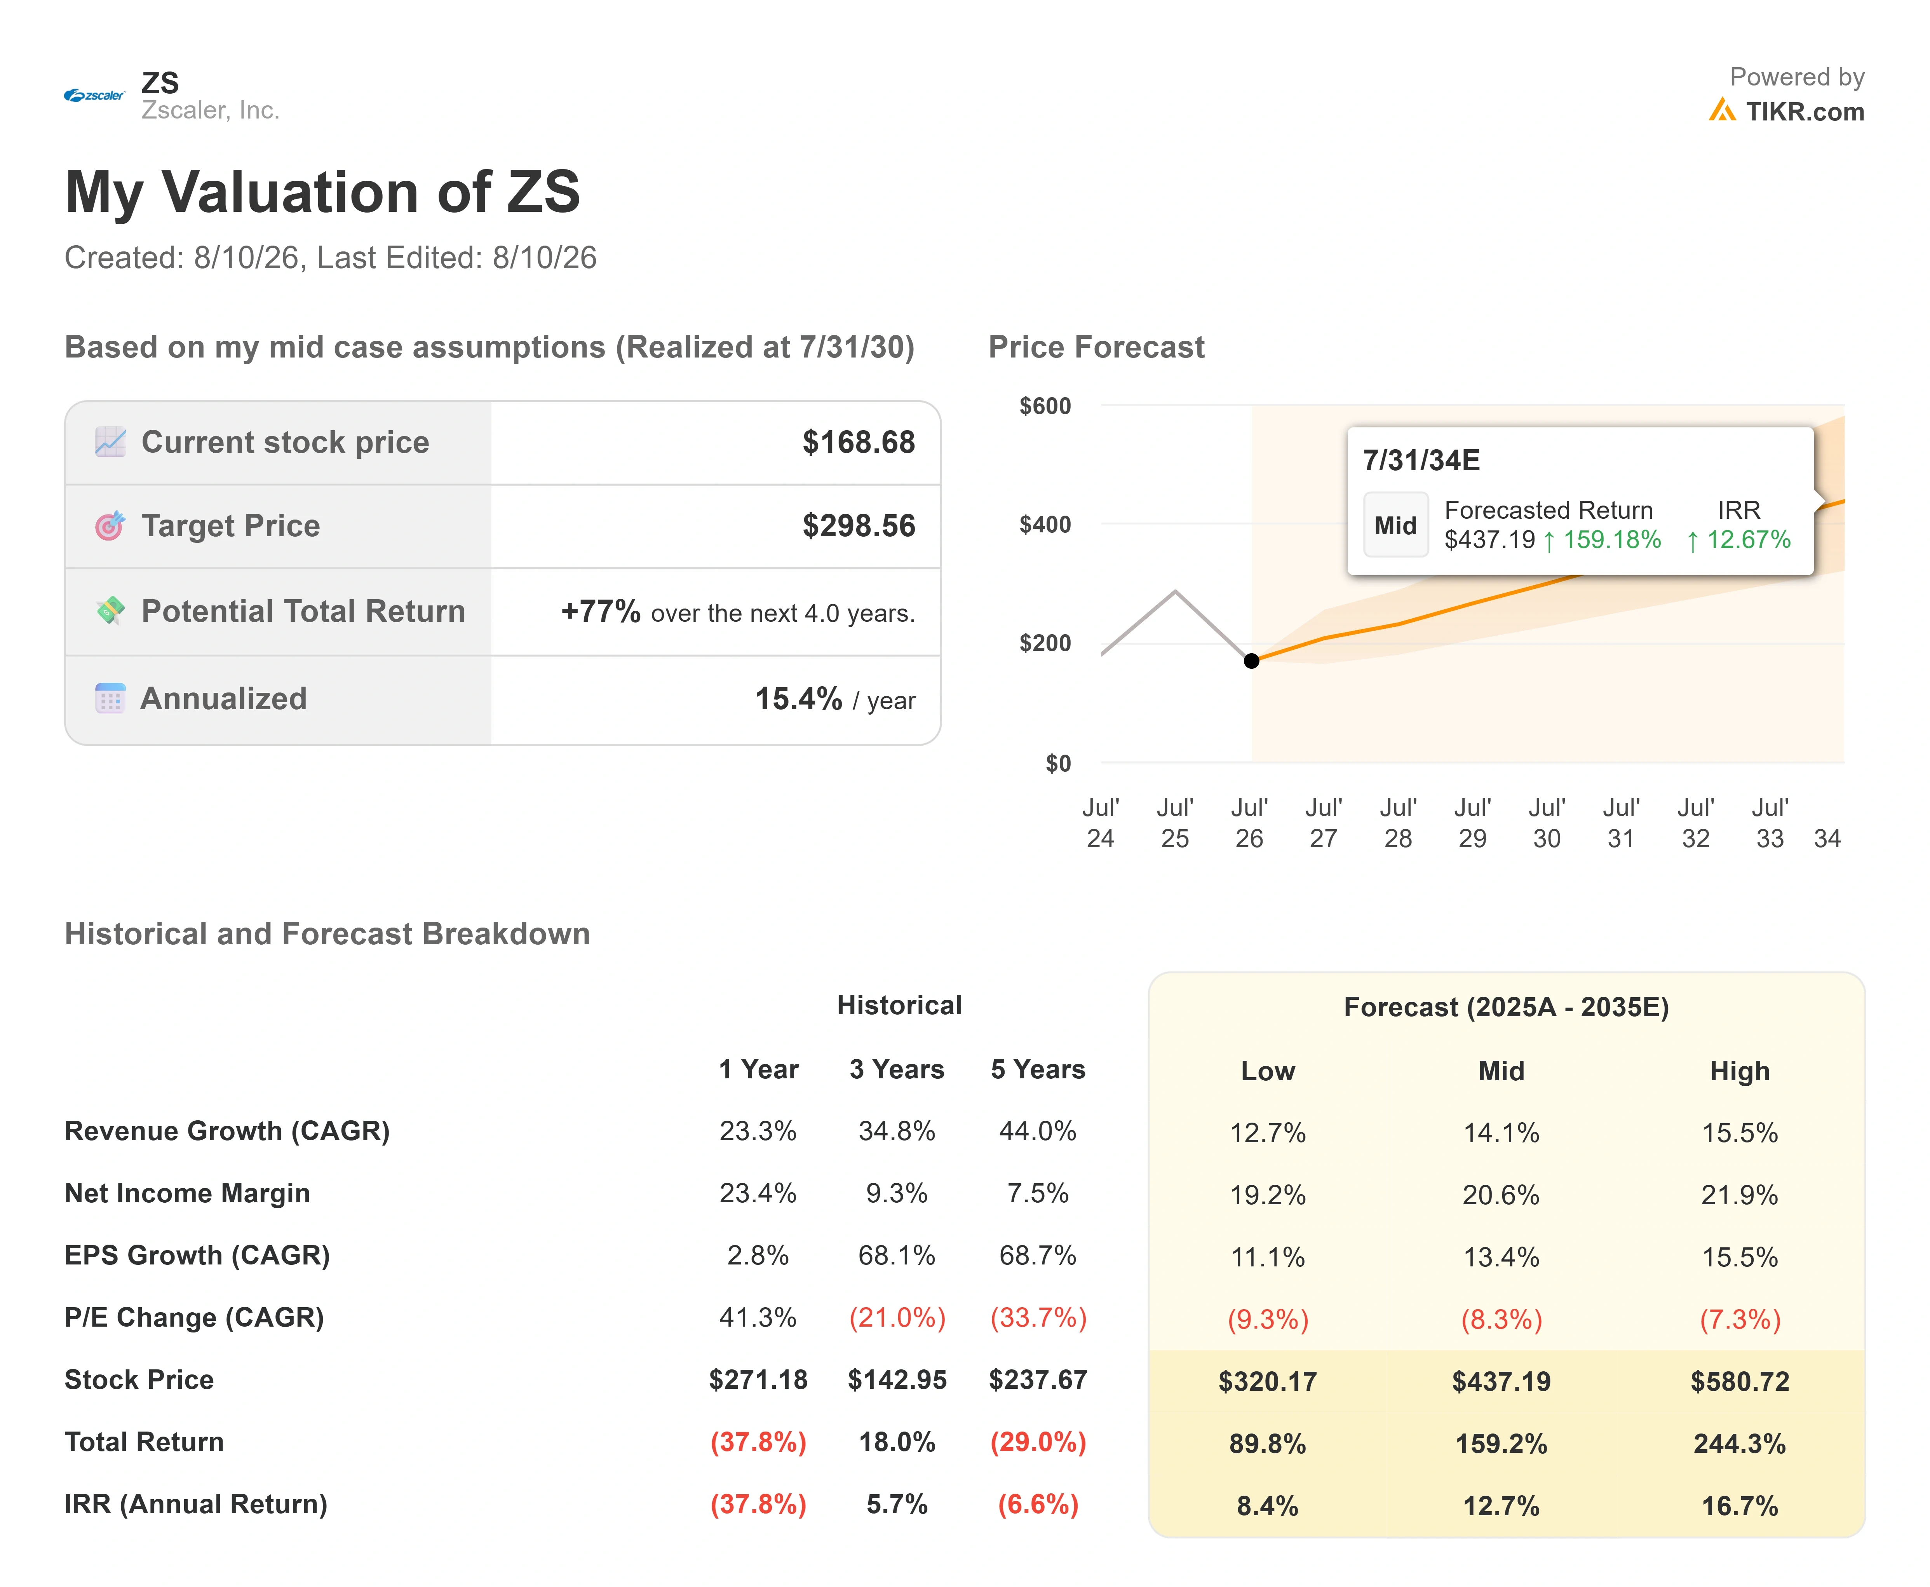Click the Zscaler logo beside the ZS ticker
pos(94,95)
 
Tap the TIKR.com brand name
pos(1804,112)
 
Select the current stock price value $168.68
pos(858,443)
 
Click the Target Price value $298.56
pos(858,526)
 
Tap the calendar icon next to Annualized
pos(110,698)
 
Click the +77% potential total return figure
pos(600,610)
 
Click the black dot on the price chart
pos(1251,660)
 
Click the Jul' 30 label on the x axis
pos(1546,823)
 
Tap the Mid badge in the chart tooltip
pos(1395,525)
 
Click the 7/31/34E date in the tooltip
pos(1421,460)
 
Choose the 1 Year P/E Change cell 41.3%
pos(758,1317)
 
